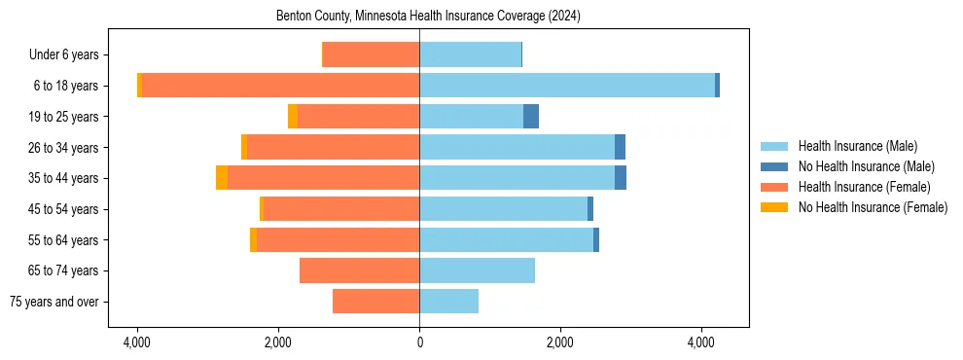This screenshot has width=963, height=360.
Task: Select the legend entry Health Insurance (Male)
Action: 857,146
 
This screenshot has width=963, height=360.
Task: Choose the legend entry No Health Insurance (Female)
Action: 873,207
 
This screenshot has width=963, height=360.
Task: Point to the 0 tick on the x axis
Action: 419,342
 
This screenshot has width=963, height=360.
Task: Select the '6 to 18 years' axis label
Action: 65,86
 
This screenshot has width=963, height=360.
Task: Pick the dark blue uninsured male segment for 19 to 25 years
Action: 531,117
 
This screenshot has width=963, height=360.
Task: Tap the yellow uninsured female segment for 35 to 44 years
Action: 222,178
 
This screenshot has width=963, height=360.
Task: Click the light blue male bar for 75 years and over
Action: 448,302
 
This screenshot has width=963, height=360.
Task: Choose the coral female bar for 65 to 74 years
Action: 359,270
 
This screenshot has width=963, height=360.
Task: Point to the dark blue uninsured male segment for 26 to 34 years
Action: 620,147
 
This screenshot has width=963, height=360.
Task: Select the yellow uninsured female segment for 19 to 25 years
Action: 293,117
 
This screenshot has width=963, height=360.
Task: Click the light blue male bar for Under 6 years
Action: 470,55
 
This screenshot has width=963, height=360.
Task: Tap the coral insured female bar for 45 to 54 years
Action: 340,209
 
